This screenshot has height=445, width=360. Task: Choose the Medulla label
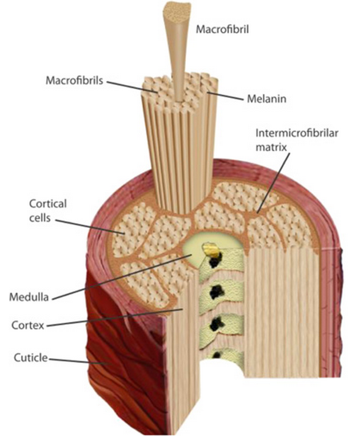click(29, 297)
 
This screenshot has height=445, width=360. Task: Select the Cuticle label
click(29, 359)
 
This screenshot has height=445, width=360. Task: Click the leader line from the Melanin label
click(229, 96)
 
